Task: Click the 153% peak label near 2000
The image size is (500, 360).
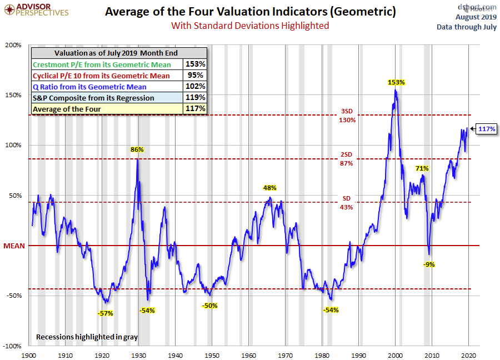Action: pos(396,82)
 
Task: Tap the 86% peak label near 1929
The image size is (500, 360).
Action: pos(137,149)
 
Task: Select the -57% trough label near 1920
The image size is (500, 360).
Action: pos(106,313)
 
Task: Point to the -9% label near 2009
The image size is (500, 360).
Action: pos(429,264)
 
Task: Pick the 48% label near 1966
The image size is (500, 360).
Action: pos(270,188)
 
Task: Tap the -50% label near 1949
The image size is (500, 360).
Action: pos(210,306)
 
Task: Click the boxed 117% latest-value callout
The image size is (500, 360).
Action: pos(487,129)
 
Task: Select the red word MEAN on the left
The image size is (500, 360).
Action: pos(14,246)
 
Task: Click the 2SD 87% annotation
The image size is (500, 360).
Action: pos(347,159)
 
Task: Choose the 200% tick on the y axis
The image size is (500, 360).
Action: pos(13,45)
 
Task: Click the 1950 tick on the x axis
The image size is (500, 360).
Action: pos(212,354)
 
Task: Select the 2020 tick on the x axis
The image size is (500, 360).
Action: pos(469,354)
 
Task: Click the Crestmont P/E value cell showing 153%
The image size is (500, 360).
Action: pos(198,64)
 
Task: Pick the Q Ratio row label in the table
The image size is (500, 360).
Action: pos(89,87)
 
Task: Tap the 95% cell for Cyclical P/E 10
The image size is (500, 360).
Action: pos(198,76)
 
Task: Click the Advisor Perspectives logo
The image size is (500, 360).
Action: pos(36,9)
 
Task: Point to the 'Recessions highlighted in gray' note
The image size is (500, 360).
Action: pos(87,337)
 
